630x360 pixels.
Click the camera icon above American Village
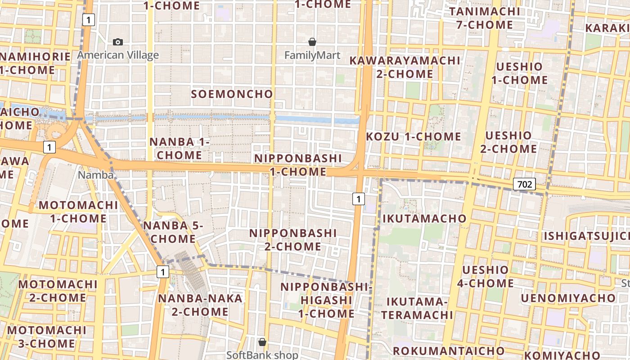coord(118,42)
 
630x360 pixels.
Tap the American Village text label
coord(118,55)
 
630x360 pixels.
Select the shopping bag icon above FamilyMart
coord(312,42)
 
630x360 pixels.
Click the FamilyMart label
coord(312,55)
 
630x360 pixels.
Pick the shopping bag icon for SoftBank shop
coord(262,342)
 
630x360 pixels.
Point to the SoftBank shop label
coord(262,355)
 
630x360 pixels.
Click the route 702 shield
coord(524,184)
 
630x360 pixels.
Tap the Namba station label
coord(95,175)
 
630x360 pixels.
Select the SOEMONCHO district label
coord(232,94)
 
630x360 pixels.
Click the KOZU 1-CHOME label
coord(414,136)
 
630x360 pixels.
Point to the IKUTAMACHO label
coord(424,219)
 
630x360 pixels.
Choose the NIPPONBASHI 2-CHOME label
coord(293,240)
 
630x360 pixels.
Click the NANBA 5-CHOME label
coord(173,232)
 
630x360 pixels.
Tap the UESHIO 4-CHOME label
coord(486,277)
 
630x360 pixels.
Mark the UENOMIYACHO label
coord(568,298)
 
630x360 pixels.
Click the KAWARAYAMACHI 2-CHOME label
coord(405,67)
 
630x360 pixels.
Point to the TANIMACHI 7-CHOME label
coord(484,18)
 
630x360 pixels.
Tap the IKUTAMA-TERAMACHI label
coord(417,308)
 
